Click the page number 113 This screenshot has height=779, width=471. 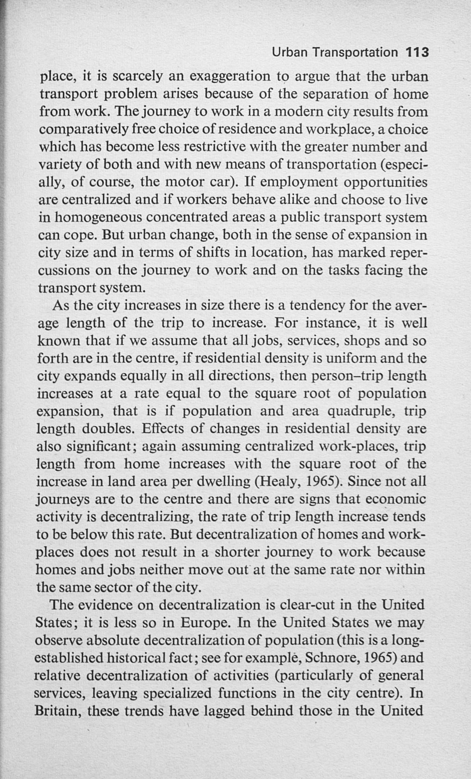click(417, 52)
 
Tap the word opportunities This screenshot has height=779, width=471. click(385, 182)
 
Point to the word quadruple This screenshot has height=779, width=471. click(361, 411)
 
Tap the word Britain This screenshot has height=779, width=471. click(57, 710)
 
